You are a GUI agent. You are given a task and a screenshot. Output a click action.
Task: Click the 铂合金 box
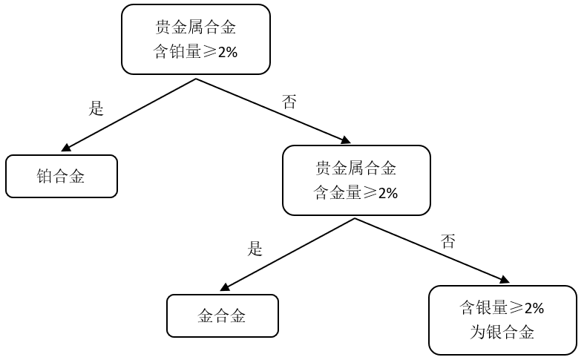pos(61,176)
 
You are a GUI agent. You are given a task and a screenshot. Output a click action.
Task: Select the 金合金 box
pos(222,315)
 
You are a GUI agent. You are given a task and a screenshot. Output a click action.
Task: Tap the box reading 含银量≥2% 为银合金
pos(502,320)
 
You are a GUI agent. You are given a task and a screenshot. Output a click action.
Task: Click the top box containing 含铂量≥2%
pos(195,39)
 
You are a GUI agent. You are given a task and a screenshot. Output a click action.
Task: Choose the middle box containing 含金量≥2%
pos(356,180)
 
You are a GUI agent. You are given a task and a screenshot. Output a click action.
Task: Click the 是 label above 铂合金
pos(96,108)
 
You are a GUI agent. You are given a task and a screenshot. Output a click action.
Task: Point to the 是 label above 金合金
pos(255,249)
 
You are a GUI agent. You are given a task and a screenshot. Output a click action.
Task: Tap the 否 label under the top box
pos(289,102)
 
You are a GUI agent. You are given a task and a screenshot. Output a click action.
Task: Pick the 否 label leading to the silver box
pos(447,241)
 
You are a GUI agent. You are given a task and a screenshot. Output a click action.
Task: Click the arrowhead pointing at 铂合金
pos(67,148)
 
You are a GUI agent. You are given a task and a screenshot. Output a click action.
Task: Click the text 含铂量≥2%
pos(195,52)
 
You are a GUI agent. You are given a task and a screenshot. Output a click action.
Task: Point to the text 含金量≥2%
pos(356,193)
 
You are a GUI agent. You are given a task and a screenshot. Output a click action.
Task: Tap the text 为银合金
pos(502,332)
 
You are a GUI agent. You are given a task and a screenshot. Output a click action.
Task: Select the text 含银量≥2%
pos(502,308)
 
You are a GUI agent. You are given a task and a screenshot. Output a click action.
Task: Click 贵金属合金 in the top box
pos(195,27)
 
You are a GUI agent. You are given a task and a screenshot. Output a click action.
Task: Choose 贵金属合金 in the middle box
pos(356,168)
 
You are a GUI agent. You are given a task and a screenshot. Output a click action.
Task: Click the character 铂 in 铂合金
pos(45,176)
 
